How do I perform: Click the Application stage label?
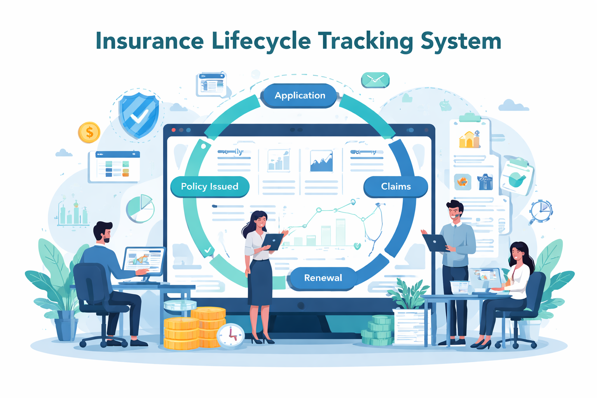(300, 96)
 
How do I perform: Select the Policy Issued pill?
(209, 187)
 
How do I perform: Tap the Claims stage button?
(396, 187)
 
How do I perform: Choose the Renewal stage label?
(323, 278)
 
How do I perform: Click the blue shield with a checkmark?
(138, 114)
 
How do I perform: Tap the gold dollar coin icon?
(89, 133)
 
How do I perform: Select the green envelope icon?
(375, 80)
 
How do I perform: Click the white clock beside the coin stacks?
(230, 335)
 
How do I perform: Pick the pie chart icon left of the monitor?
(140, 208)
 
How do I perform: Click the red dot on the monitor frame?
(174, 130)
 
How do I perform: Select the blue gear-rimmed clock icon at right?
(541, 211)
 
